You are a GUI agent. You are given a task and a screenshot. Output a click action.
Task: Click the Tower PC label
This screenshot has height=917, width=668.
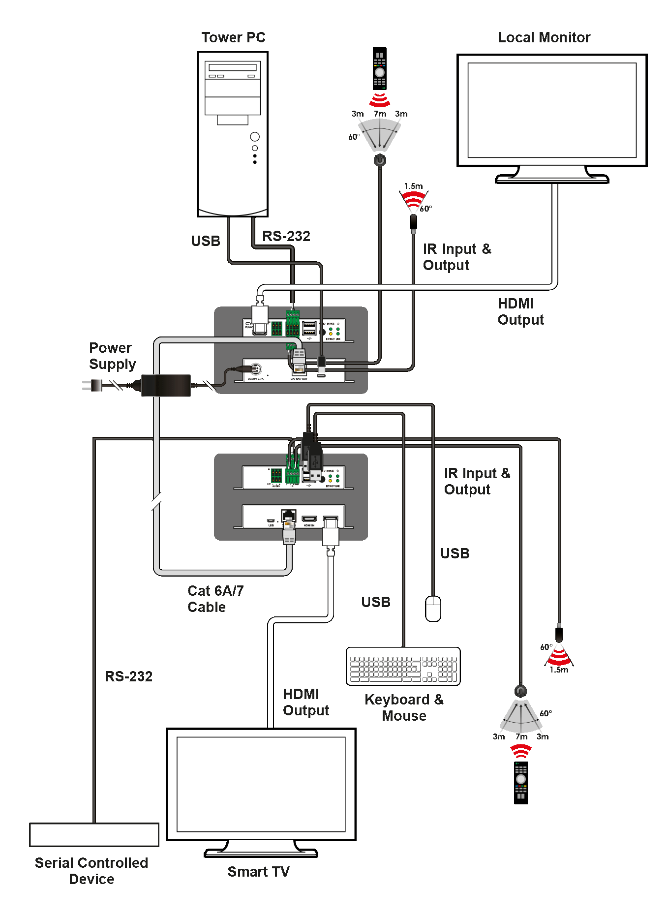point(233,37)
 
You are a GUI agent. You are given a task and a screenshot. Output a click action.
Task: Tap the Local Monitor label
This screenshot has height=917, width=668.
point(544,37)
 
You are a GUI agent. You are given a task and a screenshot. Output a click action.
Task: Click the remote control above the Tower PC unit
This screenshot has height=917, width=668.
point(379,68)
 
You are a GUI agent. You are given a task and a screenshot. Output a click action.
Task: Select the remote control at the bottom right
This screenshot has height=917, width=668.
point(520,783)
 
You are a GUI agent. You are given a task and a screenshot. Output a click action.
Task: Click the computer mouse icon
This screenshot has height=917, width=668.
point(433,609)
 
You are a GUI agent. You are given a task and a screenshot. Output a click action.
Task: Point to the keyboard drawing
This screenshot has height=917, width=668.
point(403,666)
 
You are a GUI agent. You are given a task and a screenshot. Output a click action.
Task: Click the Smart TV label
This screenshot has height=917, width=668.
point(258,872)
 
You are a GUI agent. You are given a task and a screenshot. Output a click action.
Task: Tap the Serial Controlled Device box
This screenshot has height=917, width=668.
point(94,835)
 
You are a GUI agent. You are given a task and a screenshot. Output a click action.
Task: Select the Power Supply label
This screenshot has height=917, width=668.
point(112,356)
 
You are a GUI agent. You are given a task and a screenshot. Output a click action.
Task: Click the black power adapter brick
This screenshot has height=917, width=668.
point(166,385)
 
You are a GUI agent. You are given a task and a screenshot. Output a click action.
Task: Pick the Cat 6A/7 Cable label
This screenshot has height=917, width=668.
point(215,599)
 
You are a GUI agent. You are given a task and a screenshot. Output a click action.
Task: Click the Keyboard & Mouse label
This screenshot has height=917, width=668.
point(404,707)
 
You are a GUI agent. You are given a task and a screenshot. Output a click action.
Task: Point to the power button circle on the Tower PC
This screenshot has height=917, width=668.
point(255,137)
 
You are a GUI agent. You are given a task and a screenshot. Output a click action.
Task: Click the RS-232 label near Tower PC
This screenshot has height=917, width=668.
point(286,236)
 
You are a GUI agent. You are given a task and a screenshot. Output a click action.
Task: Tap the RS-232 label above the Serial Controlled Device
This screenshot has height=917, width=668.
point(128,676)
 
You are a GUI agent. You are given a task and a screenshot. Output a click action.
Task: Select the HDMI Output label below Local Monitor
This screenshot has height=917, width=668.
point(520,311)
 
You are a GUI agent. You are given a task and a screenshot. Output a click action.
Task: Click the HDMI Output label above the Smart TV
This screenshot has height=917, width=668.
point(305,702)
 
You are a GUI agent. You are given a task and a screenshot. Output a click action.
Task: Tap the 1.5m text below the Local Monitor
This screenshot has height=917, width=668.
point(413,186)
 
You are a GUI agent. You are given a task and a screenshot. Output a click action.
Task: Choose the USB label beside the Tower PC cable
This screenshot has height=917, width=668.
point(206,241)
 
